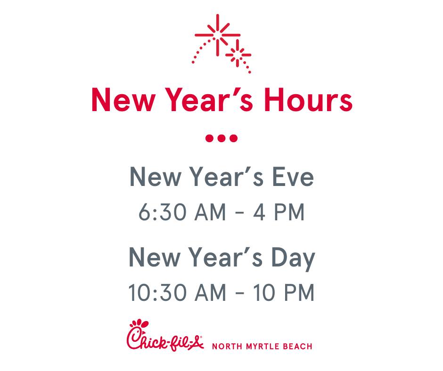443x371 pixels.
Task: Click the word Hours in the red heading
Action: pos(308,100)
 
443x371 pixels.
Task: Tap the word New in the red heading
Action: pos(123,100)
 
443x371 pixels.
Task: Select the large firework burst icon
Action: pos(217,35)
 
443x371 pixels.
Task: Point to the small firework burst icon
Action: pos(238,54)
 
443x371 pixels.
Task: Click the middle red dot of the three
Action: pos(221,138)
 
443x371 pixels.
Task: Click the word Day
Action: pos(293,258)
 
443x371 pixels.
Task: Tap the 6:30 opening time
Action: pos(162,212)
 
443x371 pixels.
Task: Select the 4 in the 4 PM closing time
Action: pos(259,212)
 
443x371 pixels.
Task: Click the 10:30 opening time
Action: pos(157,292)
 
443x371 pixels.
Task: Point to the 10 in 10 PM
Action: pos(263,292)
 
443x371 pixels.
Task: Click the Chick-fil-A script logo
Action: pos(165,336)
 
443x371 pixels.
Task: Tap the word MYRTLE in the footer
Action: pos(262,347)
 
